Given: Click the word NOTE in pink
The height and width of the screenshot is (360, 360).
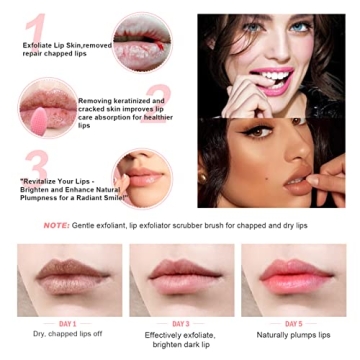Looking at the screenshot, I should pos(57,226).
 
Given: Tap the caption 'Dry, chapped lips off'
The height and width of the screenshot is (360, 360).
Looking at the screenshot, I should pos(68,335).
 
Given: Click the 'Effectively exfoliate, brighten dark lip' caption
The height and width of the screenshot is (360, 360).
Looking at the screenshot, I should pos(180,339).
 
